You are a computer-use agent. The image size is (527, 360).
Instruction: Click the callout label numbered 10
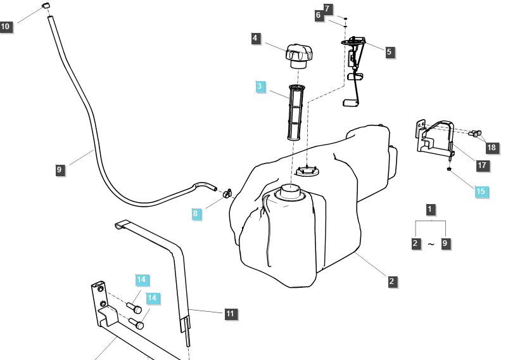[6, 27]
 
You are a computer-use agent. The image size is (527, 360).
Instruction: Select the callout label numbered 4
[255, 39]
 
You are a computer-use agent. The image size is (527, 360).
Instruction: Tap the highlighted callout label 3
[261, 87]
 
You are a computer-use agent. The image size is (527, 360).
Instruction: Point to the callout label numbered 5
[389, 52]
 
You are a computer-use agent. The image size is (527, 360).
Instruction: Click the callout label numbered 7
[327, 8]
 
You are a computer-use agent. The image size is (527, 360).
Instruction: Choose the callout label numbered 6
[319, 15]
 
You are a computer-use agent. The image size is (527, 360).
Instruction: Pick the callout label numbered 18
[492, 148]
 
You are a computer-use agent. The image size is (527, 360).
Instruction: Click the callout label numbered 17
[482, 165]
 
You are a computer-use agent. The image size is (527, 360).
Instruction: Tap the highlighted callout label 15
[481, 191]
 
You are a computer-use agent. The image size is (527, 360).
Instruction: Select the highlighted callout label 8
[196, 214]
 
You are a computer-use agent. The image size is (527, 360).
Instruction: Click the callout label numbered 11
[230, 313]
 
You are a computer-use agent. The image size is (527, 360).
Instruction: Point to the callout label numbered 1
[431, 209]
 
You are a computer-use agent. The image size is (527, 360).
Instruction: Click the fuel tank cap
[298, 55]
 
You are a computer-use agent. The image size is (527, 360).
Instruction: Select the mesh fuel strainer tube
[293, 112]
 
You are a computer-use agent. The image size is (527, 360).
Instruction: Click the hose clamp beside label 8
[226, 192]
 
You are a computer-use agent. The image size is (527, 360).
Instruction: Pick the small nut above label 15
[449, 169]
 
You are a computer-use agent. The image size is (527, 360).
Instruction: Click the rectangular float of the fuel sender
[350, 101]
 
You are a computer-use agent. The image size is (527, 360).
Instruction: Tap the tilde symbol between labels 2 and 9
[431, 244]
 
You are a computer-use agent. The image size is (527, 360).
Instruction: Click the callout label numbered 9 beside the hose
[60, 169]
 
